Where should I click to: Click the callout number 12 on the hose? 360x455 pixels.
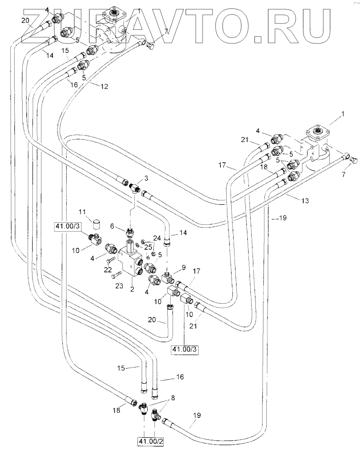click(105, 87)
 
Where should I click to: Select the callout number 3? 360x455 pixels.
click(146, 178)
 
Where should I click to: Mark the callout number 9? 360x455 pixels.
click(184, 267)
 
